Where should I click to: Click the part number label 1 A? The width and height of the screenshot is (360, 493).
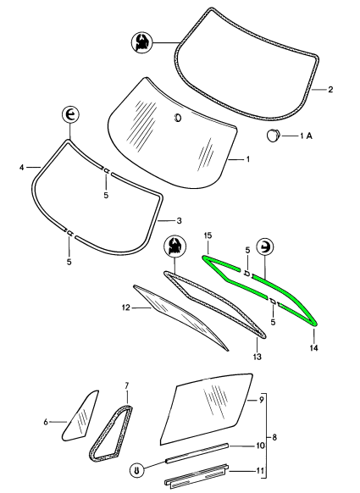[306, 136]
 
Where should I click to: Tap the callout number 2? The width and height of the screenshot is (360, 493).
[330, 90]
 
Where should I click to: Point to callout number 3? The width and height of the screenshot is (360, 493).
[179, 221]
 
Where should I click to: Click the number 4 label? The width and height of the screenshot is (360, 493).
[21, 168]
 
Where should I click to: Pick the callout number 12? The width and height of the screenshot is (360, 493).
[125, 307]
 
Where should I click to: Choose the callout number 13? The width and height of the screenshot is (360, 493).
[258, 357]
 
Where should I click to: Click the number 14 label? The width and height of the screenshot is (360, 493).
[313, 348]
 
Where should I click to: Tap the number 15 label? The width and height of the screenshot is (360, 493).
[208, 235]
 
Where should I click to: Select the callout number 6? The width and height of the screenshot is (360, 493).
[46, 422]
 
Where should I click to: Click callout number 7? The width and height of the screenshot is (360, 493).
[127, 385]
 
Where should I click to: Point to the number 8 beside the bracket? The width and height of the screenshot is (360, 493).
[274, 437]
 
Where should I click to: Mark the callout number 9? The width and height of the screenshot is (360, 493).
[261, 400]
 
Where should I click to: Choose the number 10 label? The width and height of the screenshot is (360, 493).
[261, 446]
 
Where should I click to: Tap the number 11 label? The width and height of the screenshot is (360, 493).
[260, 471]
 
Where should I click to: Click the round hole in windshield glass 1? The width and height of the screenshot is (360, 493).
[178, 117]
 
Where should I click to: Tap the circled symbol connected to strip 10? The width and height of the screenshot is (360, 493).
[137, 470]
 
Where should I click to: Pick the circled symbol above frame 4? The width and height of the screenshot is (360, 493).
[70, 115]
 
